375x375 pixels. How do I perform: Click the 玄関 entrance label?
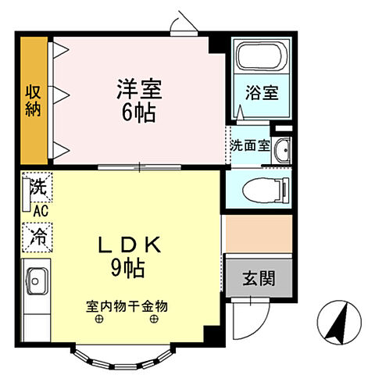[258, 277]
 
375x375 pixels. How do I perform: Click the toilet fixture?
[266, 189]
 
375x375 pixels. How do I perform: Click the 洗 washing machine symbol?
[37, 187]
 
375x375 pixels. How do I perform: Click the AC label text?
[41, 209]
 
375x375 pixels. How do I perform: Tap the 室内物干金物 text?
[127, 305]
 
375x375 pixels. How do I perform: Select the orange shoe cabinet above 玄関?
[258, 231]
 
